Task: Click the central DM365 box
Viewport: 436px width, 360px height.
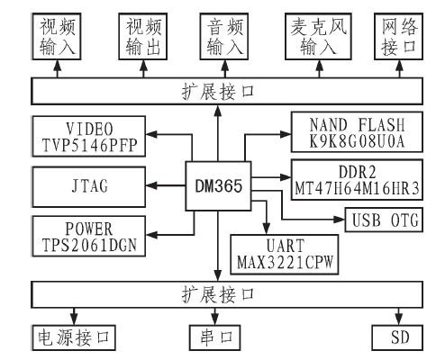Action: (x=217, y=184)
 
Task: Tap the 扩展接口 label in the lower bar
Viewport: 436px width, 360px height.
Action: (x=216, y=294)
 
